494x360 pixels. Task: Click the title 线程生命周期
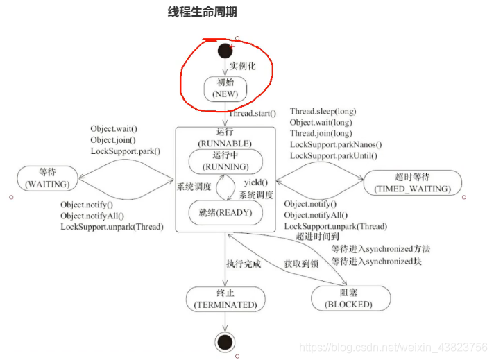[207, 12]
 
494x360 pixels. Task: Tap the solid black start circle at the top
[224, 50]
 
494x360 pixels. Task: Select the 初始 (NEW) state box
[225, 88]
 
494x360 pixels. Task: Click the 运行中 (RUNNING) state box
[225, 162]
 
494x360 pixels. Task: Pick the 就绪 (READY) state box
[226, 212]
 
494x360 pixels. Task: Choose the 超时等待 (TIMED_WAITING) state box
[411, 182]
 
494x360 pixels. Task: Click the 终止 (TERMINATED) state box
[225, 298]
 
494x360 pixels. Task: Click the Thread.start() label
[253, 113]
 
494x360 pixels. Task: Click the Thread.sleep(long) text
[323, 111]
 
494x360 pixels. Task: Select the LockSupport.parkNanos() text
[335, 144]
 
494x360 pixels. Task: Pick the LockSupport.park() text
[125, 151]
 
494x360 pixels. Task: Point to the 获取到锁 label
[302, 264]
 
